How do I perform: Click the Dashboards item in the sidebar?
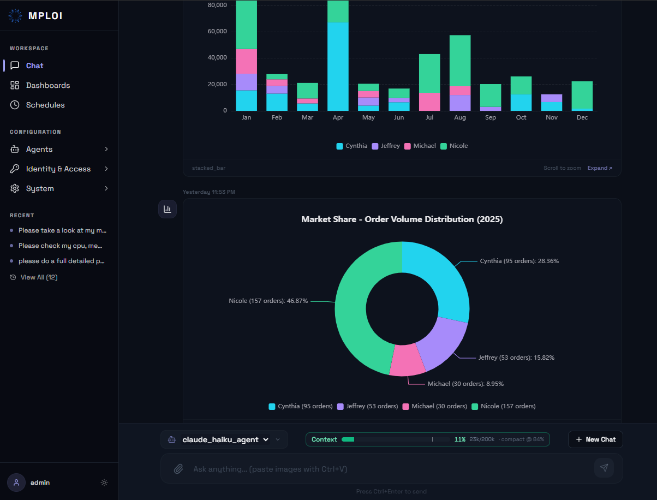tap(48, 85)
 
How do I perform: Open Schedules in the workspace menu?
tap(45, 105)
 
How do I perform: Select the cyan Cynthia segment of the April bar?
tap(338, 67)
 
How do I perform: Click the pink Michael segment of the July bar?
tap(429, 102)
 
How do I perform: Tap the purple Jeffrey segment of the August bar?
tap(460, 103)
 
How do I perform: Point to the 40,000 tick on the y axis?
tap(217, 57)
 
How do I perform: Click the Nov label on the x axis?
tap(551, 117)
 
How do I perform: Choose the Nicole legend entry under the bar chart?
tap(454, 146)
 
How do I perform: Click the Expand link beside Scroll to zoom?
tap(600, 168)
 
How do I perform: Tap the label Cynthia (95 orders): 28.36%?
tap(519, 261)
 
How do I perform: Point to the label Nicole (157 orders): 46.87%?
tap(268, 301)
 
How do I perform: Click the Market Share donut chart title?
tap(402, 219)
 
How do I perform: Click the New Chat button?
tap(595, 439)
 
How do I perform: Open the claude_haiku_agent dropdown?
tap(225, 439)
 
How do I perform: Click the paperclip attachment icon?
tap(178, 469)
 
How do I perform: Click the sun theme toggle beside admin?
tap(104, 483)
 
